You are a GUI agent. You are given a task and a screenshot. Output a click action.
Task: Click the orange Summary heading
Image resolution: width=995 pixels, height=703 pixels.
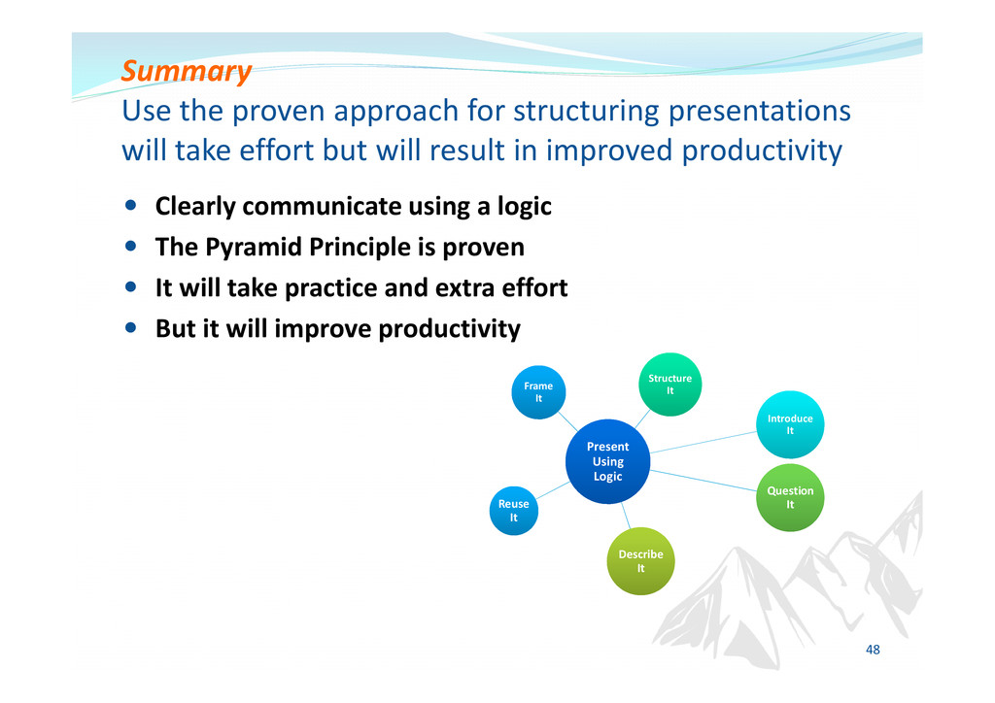(x=186, y=71)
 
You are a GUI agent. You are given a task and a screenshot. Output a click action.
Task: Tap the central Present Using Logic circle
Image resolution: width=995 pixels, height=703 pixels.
(x=608, y=461)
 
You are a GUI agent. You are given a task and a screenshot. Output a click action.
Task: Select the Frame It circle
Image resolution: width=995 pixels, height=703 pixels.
(x=538, y=391)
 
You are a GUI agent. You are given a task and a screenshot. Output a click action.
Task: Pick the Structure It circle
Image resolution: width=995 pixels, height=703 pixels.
(x=670, y=385)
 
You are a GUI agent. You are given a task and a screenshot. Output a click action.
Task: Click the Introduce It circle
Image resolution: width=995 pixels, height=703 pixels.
(x=790, y=424)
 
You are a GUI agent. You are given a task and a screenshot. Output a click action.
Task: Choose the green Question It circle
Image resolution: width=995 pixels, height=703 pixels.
(x=790, y=497)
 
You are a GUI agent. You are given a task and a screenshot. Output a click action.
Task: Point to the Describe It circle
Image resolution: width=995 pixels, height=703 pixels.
(x=641, y=561)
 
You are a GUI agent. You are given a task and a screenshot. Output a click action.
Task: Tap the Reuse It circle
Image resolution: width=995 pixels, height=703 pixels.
(x=514, y=511)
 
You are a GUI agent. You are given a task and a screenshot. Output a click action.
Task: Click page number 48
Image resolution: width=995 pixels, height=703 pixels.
(x=873, y=650)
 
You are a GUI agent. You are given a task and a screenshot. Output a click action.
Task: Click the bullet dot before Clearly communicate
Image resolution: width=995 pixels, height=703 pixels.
(x=131, y=205)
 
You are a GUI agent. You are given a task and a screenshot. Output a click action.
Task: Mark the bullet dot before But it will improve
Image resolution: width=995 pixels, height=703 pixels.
(x=131, y=327)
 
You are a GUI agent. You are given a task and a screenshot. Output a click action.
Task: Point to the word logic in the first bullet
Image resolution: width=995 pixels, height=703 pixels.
(x=524, y=207)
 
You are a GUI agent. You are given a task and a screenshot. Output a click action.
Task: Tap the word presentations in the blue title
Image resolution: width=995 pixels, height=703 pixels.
(x=760, y=112)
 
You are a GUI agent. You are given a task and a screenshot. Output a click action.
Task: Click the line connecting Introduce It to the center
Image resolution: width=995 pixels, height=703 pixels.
(x=703, y=442)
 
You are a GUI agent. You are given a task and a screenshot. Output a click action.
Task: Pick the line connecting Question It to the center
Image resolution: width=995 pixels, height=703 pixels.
(x=703, y=481)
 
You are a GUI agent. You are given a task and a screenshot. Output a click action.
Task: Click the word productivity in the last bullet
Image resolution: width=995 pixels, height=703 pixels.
(x=449, y=329)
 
